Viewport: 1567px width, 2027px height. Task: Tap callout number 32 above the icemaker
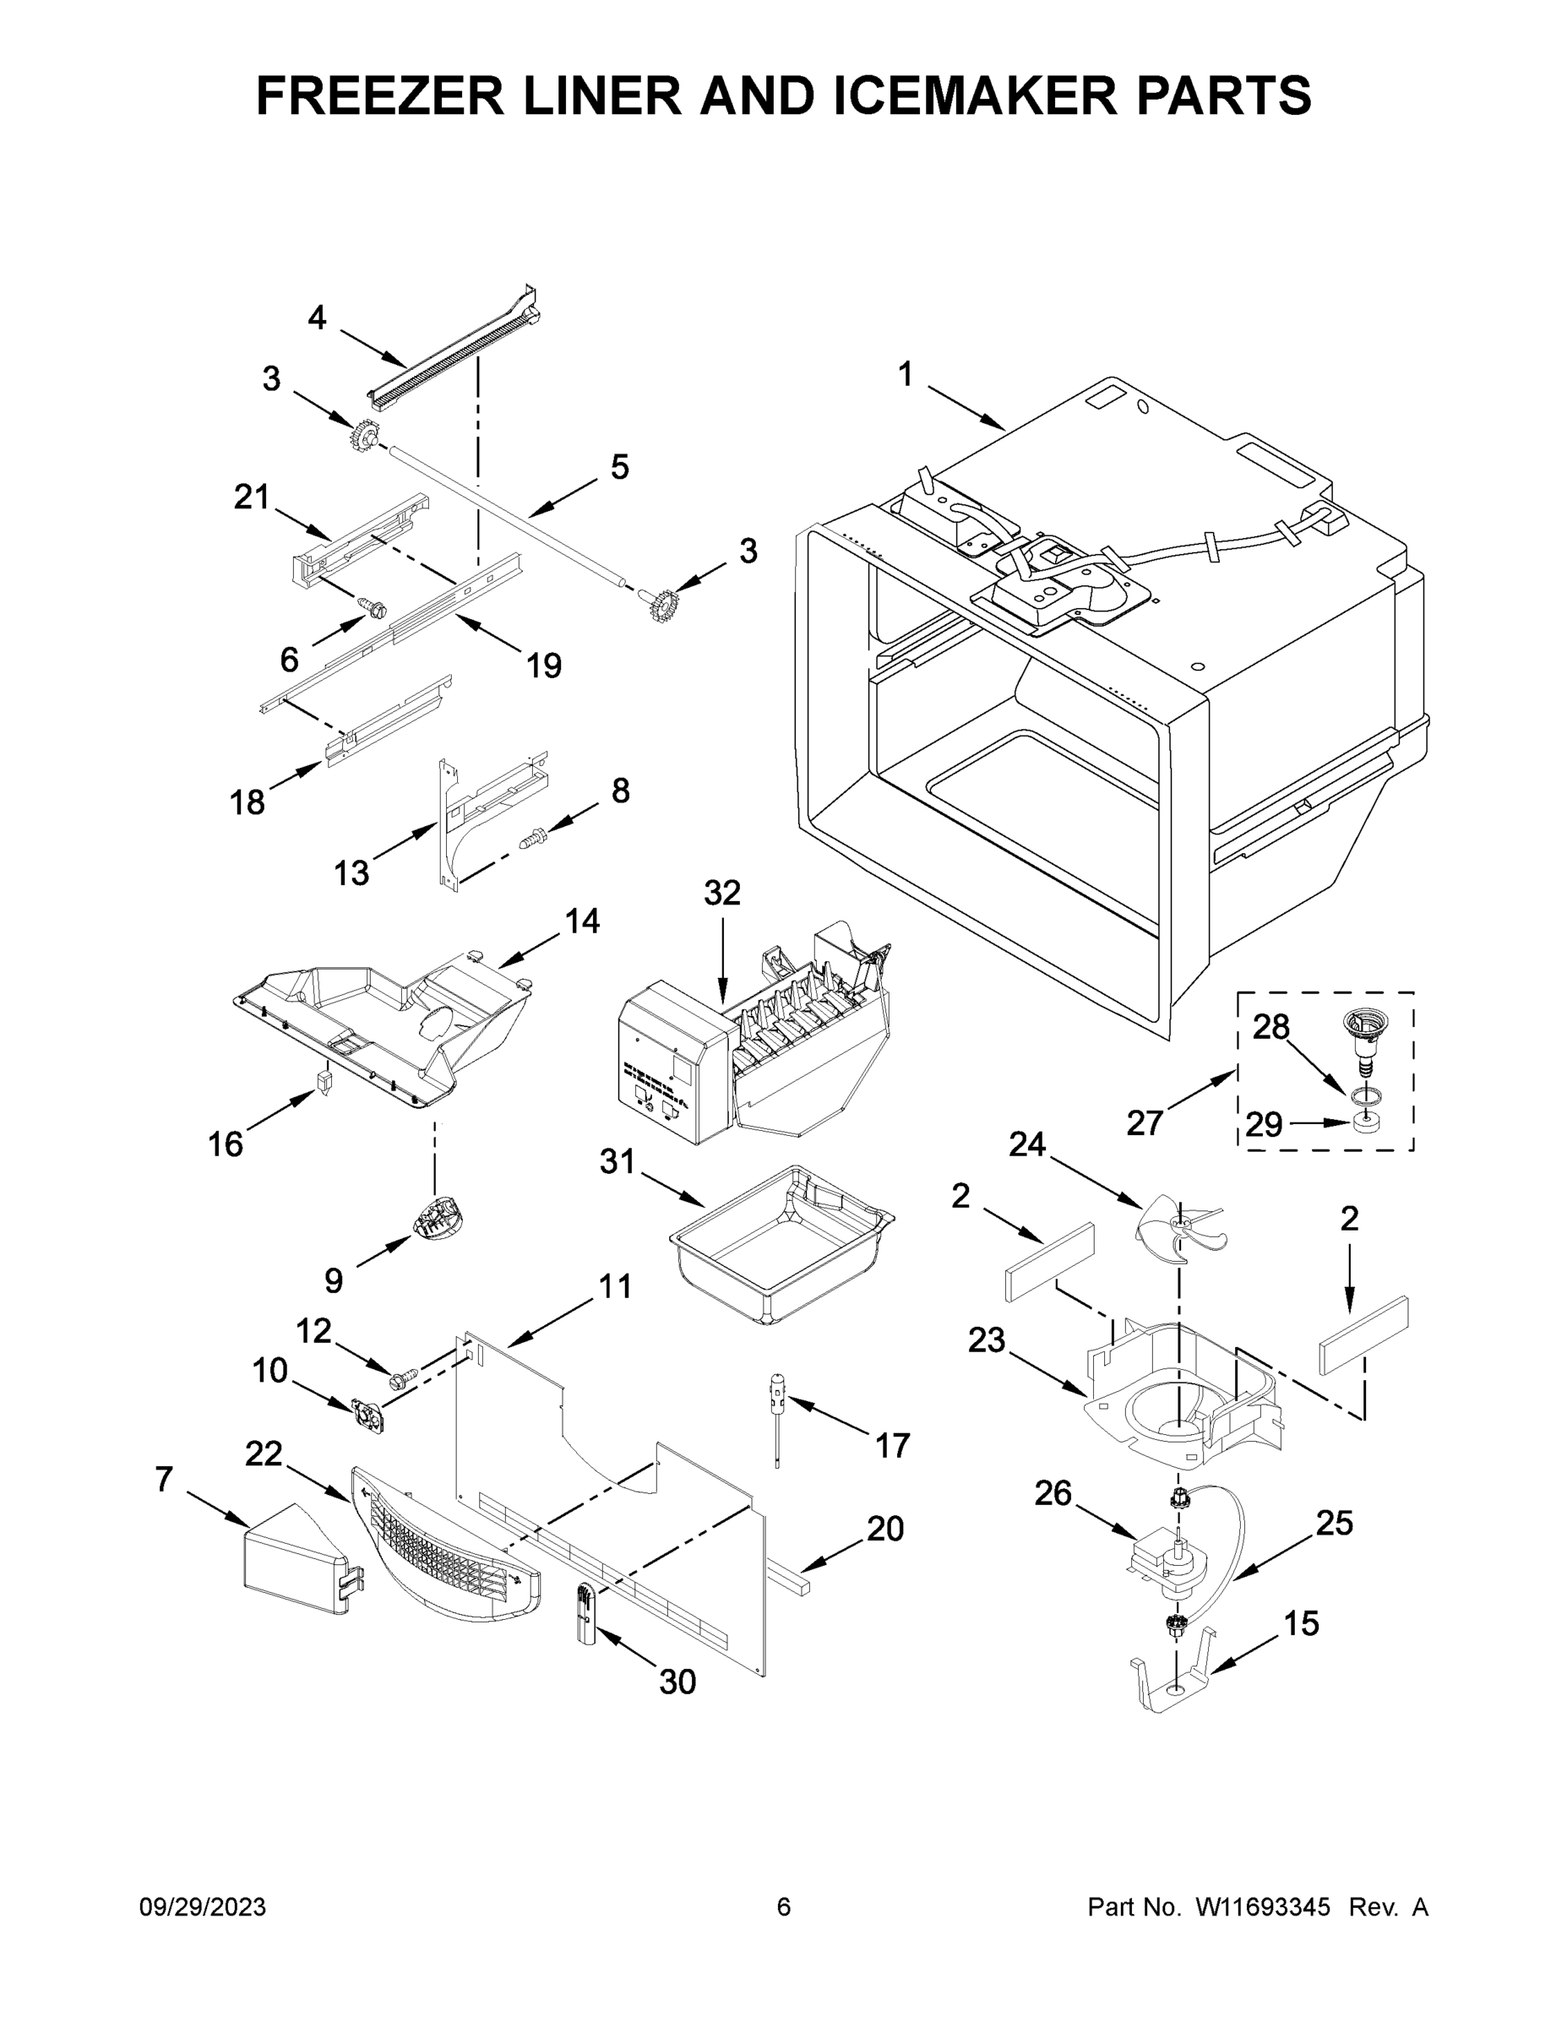(x=722, y=893)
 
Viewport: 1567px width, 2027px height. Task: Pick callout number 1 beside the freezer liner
(x=905, y=375)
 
